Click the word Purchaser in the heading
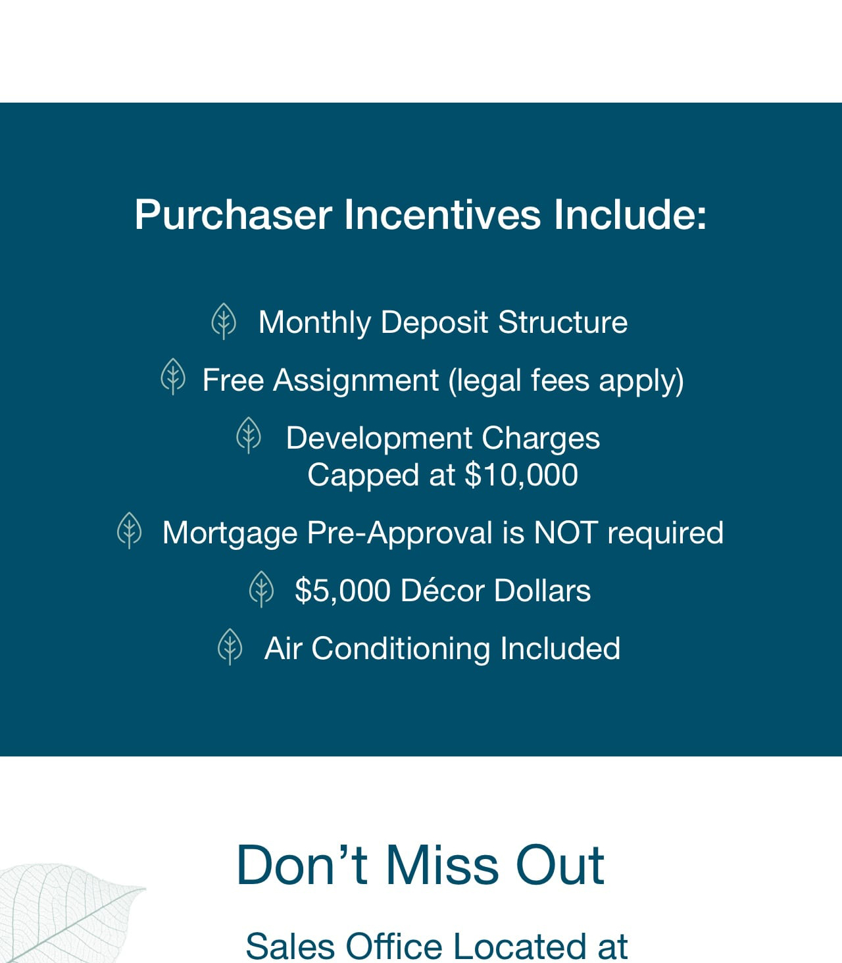click(234, 216)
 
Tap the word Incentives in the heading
click(443, 214)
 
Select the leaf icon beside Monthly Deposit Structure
click(224, 321)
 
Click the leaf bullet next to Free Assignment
click(173, 376)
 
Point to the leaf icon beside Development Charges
click(249, 435)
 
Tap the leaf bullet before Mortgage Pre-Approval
click(129, 530)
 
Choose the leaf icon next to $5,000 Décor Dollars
click(261, 589)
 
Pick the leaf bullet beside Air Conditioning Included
click(230, 647)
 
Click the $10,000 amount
click(521, 475)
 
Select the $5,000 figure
click(343, 590)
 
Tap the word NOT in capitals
click(566, 533)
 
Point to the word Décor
click(443, 590)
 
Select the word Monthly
click(314, 324)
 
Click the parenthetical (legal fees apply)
click(566, 382)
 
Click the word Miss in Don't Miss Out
click(442, 865)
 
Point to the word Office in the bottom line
click(394, 947)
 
